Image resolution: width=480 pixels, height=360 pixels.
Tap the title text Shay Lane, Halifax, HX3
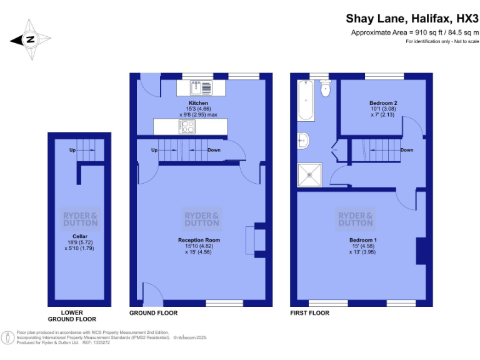click(412, 19)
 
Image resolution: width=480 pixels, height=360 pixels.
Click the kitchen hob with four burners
click(187, 126)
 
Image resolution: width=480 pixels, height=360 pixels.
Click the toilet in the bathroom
click(324, 89)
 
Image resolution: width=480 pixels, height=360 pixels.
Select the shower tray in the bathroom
click(311, 174)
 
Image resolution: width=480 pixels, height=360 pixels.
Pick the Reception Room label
click(199, 240)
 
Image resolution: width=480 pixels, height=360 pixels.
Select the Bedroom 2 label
click(383, 102)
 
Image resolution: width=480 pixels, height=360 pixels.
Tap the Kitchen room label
click(198, 103)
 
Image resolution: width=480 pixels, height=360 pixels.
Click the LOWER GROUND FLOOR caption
click(80, 316)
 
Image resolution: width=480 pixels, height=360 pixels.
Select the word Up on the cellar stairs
click(73, 151)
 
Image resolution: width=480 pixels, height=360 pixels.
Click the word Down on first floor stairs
click(406, 150)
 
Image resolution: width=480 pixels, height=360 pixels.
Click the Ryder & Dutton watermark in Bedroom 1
click(355, 219)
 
